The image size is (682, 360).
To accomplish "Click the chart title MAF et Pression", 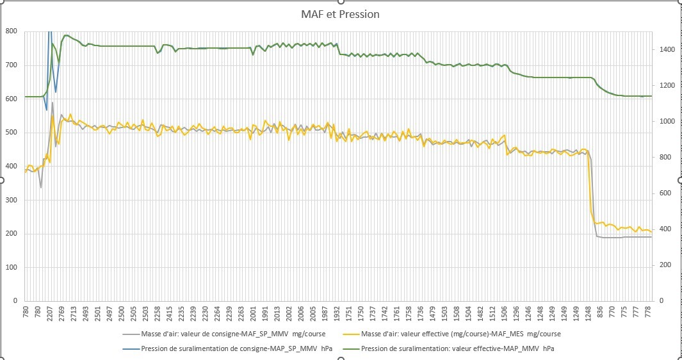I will [341, 14].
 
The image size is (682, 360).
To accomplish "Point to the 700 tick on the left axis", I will [12, 65].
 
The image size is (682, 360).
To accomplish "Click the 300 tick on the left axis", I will [12, 200].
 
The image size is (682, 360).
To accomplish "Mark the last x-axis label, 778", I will [648, 313].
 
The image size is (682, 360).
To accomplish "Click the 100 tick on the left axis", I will [12, 267].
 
